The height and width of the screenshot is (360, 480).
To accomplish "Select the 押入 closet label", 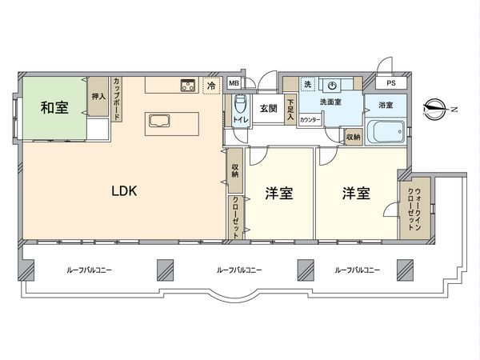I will [98, 97].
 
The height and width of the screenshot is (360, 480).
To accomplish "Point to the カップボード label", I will [117, 98].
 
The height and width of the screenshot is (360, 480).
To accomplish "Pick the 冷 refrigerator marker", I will [211, 85].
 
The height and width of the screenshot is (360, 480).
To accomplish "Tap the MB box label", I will [234, 83].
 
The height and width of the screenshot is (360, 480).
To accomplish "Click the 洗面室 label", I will [332, 102].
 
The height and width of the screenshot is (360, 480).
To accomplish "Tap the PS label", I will [390, 83].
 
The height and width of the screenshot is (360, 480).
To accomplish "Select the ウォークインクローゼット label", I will [416, 209].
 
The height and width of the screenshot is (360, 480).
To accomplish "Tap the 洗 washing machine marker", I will [307, 84].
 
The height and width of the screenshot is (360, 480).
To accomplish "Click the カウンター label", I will [311, 119].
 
